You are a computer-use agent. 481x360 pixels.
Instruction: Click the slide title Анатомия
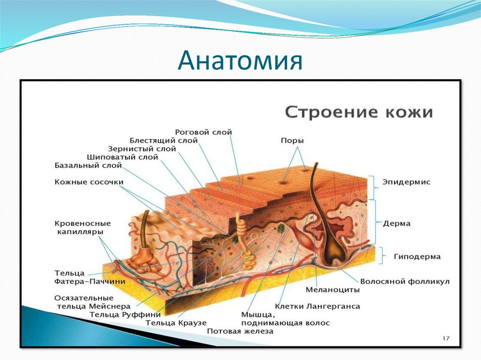point(240,61)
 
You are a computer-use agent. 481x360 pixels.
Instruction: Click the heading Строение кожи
point(359,113)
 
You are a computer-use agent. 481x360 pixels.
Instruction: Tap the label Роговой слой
point(203,133)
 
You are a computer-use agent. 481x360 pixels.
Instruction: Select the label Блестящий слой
point(163,140)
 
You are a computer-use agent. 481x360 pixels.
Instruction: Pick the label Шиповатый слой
point(123,157)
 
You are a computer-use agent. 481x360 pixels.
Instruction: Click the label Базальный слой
point(88,166)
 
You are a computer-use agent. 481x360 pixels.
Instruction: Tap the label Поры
point(292,141)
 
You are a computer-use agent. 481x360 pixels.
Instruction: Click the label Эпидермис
point(406,182)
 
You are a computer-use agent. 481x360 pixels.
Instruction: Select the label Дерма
point(396,224)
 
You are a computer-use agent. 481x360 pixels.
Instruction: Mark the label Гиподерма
point(411,257)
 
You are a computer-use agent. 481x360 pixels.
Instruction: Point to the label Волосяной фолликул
point(405,282)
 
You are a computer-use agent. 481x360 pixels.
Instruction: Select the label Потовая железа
point(240,331)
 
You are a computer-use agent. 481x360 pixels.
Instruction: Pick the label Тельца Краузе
point(176,323)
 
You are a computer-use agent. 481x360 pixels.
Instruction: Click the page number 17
point(446,338)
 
